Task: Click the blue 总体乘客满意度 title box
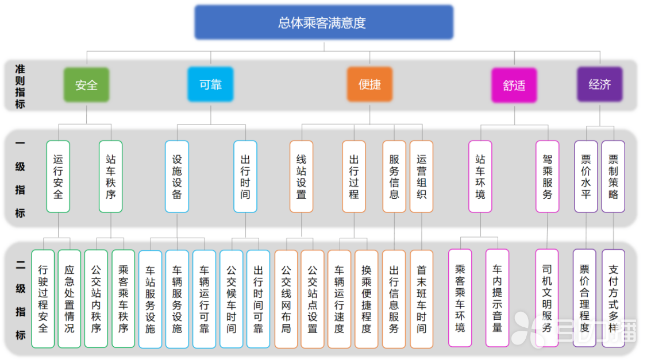(x=323, y=23)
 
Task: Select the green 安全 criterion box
(x=86, y=85)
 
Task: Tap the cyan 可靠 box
(x=210, y=85)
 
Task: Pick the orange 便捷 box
(x=369, y=85)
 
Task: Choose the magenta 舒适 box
(x=514, y=86)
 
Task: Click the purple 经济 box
(x=599, y=85)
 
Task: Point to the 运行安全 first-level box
(x=58, y=176)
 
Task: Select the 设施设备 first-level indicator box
(x=177, y=176)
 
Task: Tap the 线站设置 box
(x=302, y=176)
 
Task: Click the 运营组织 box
(x=421, y=176)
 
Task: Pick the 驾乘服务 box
(x=547, y=176)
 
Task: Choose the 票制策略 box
(x=613, y=176)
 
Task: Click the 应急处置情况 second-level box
(x=69, y=299)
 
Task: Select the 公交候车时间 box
(x=231, y=299)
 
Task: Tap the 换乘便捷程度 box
(x=366, y=299)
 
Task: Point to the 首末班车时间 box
(x=421, y=299)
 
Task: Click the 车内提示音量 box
(x=497, y=298)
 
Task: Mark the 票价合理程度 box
(x=585, y=298)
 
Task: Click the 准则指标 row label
(x=20, y=86)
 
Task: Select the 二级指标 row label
(x=20, y=299)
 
